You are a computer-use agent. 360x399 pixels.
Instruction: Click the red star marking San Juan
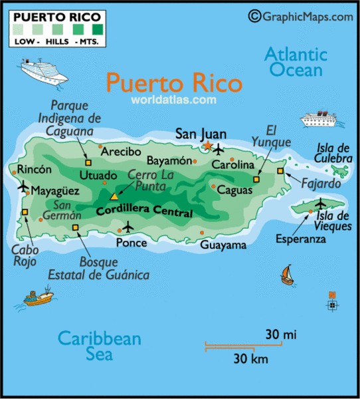point(207,146)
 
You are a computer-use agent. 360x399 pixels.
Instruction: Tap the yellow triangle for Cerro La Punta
point(114,197)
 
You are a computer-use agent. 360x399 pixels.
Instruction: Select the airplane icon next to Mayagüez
point(23,188)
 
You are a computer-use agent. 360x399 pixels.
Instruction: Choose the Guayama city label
point(223,245)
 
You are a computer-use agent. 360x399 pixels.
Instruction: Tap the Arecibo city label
point(121,152)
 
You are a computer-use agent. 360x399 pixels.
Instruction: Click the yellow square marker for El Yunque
point(256,179)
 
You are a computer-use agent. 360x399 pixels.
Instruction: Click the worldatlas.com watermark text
point(174,100)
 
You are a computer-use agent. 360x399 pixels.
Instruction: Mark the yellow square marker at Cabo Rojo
point(25,213)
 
